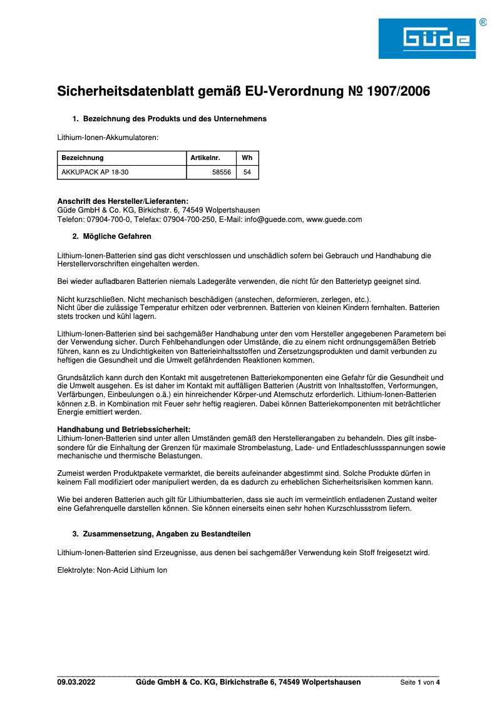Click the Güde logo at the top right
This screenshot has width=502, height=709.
[x=427, y=39]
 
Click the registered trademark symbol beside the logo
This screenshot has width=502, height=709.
[x=483, y=23]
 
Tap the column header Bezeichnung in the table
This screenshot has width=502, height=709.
[x=83, y=158]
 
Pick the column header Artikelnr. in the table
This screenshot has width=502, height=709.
[x=205, y=158]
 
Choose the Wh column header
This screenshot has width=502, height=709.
[x=247, y=158]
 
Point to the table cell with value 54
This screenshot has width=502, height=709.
[x=247, y=172]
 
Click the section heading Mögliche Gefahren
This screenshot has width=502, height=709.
[x=117, y=236]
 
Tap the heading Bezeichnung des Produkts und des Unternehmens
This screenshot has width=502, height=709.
[x=175, y=119]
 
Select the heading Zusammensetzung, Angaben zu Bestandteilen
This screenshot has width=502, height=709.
[x=166, y=534]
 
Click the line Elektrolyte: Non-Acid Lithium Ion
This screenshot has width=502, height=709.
[x=112, y=570]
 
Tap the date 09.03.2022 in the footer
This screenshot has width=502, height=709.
[x=76, y=682]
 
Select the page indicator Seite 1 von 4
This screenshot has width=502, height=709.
[x=420, y=683]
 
